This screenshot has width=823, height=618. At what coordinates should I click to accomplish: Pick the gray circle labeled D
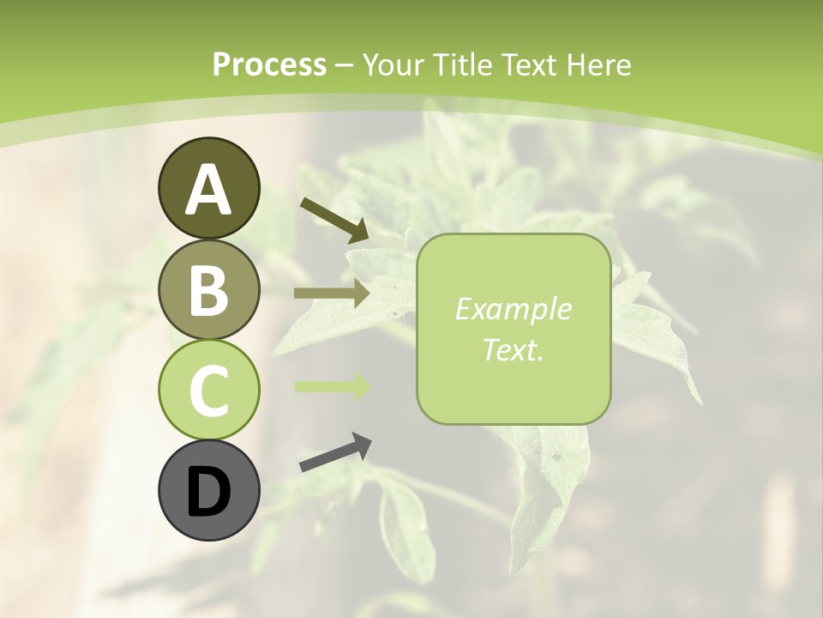tap(208, 490)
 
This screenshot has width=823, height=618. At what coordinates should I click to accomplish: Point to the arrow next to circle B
tap(332, 294)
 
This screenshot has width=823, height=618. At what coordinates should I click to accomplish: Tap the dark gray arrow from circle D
tap(335, 452)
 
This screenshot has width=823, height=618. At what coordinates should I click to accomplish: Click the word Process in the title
tap(269, 65)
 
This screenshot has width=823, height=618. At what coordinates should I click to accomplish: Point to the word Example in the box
tap(514, 310)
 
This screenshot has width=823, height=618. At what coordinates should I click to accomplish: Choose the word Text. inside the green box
tap(514, 349)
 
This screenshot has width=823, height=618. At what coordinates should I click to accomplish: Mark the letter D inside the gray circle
tap(208, 492)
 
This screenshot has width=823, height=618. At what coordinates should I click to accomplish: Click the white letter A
tap(208, 190)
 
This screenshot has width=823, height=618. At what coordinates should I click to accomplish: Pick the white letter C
tap(208, 390)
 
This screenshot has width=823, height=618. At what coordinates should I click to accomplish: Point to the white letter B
tap(208, 289)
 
